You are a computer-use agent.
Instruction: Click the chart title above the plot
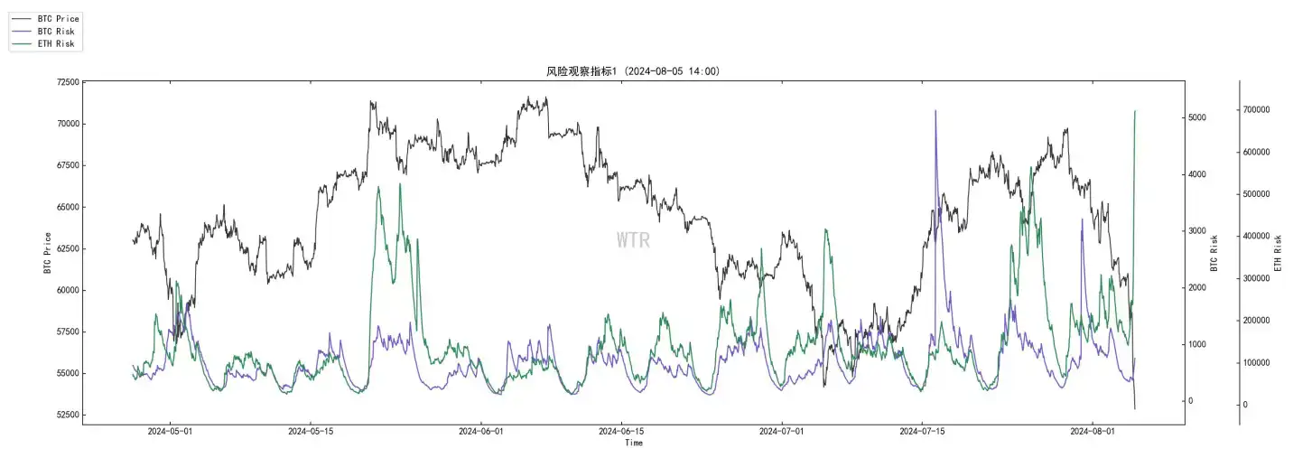[632, 70]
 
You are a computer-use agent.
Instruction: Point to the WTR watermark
[633, 240]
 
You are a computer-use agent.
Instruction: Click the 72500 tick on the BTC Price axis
[64, 82]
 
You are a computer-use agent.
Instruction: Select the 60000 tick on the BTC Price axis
[64, 291]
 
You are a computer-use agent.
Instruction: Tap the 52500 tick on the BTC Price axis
[64, 416]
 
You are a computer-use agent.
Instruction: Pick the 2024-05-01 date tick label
[170, 432]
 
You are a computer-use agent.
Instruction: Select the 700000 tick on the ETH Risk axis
[1261, 110]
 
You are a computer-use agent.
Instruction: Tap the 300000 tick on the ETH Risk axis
[1261, 279]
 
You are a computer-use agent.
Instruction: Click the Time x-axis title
[634, 443]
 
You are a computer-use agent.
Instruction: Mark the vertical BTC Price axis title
[47, 253]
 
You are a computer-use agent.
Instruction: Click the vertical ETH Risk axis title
[1278, 253]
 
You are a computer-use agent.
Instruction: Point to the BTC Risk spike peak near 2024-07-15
[935, 111]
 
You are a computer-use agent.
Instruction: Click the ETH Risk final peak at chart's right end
[1135, 111]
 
